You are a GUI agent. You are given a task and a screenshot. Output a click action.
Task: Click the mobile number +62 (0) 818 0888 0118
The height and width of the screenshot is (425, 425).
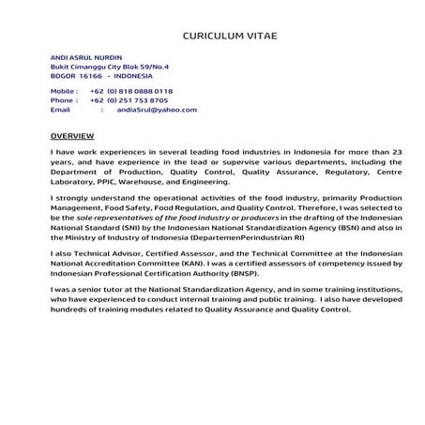(131, 91)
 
